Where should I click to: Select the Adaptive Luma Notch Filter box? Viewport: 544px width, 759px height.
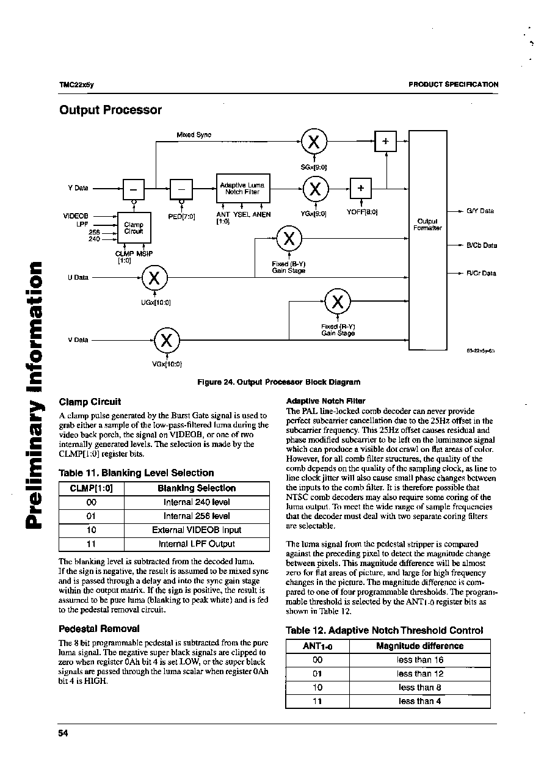pyautogui.click(x=243, y=188)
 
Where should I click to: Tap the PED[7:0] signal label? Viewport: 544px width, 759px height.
pyautogui.click(x=181, y=216)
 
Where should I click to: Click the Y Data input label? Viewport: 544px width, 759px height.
pyautogui.click(x=78, y=188)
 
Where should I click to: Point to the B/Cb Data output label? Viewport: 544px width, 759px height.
pyautogui.click(x=482, y=245)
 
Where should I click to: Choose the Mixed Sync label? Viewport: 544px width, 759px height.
pyautogui.click(x=194, y=134)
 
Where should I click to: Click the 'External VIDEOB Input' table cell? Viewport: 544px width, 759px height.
pyautogui.click(x=197, y=530)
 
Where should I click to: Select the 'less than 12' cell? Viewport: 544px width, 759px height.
pyautogui.click(x=419, y=674)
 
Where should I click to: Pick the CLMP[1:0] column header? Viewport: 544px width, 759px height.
pyautogui.click(x=91, y=488)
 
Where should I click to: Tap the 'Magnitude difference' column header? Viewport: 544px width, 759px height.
pyautogui.click(x=419, y=646)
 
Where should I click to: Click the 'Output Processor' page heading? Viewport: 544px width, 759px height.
pyautogui.click(x=111, y=110)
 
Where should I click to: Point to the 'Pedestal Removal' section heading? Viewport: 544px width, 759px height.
pyautogui.click(x=99, y=628)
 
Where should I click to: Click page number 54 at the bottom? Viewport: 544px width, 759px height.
pyautogui.click(x=63, y=733)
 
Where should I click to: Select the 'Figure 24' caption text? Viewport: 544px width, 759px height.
pyautogui.click(x=279, y=382)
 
